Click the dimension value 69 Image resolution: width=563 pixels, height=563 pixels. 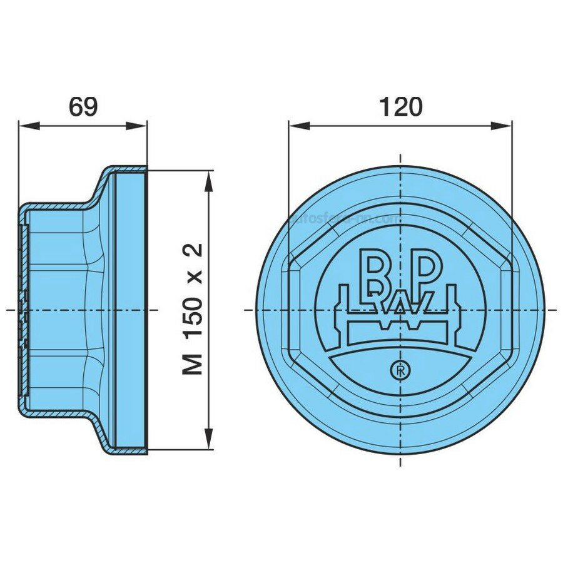click(83, 106)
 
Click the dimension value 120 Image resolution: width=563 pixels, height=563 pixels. click(400, 106)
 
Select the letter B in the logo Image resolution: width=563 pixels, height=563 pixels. click(375, 271)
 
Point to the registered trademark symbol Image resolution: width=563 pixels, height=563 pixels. click(398, 370)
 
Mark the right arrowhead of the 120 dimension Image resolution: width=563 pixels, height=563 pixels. click(504, 125)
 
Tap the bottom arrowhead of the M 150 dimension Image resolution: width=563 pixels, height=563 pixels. click(210, 442)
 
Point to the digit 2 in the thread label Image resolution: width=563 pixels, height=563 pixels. click(195, 251)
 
